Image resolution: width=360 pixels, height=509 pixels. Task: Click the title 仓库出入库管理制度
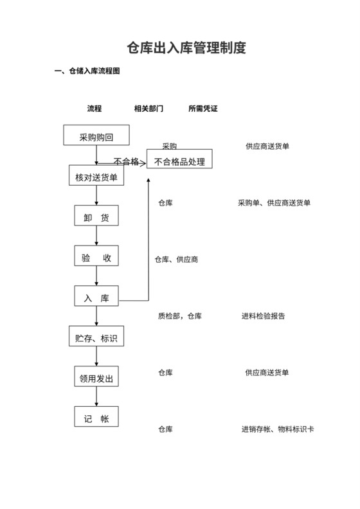point(186,48)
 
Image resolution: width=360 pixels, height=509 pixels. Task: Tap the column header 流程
point(94,109)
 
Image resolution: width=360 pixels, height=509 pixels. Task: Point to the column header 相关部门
point(148,109)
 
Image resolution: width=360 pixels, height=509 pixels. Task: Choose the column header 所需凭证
point(203,109)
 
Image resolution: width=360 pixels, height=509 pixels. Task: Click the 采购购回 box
point(96,136)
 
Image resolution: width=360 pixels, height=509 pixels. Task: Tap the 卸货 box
point(96,217)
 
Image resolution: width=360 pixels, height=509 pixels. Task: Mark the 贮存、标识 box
point(96,336)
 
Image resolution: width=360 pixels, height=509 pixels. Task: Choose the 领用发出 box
point(96,377)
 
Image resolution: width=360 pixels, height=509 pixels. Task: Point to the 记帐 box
point(96,418)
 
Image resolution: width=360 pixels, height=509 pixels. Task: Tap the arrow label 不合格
point(126,161)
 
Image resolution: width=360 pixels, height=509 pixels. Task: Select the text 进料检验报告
point(264,316)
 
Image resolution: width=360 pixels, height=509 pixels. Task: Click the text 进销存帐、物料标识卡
point(278,429)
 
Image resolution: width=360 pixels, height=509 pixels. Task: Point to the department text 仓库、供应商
point(176,260)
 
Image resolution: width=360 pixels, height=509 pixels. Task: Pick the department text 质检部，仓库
point(180,316)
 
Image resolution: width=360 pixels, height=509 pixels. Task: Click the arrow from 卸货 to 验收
point(96,236)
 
